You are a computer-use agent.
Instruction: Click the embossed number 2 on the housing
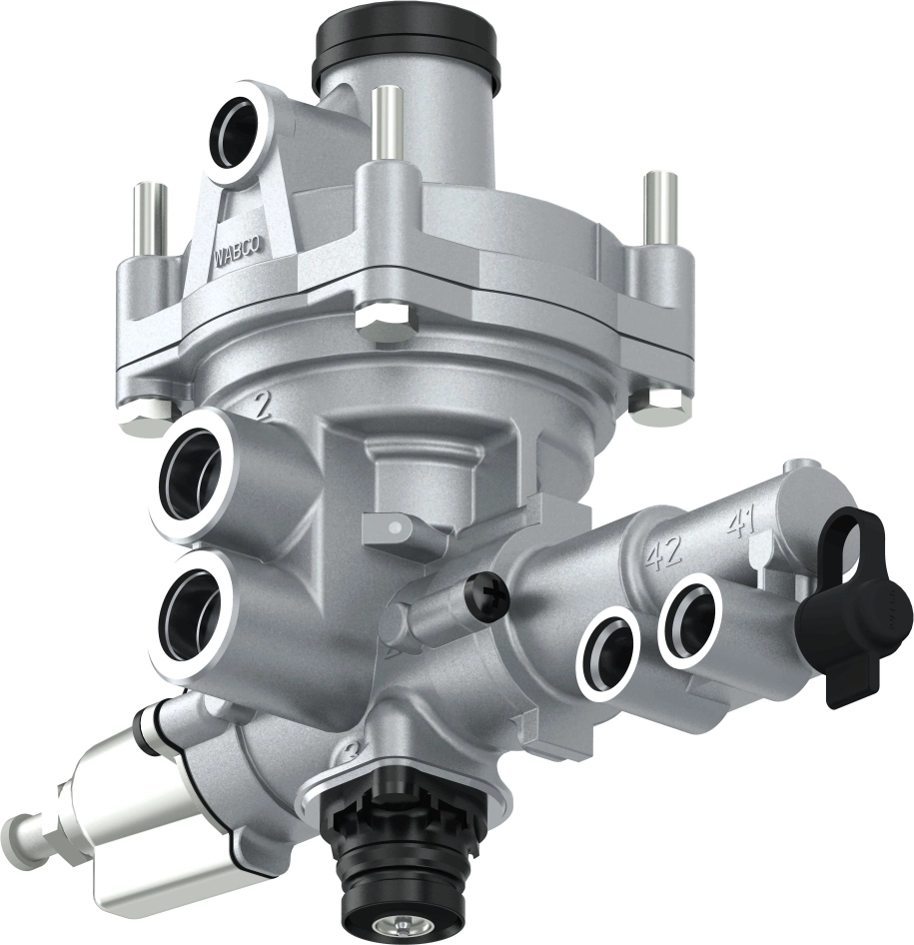point(263,406)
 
